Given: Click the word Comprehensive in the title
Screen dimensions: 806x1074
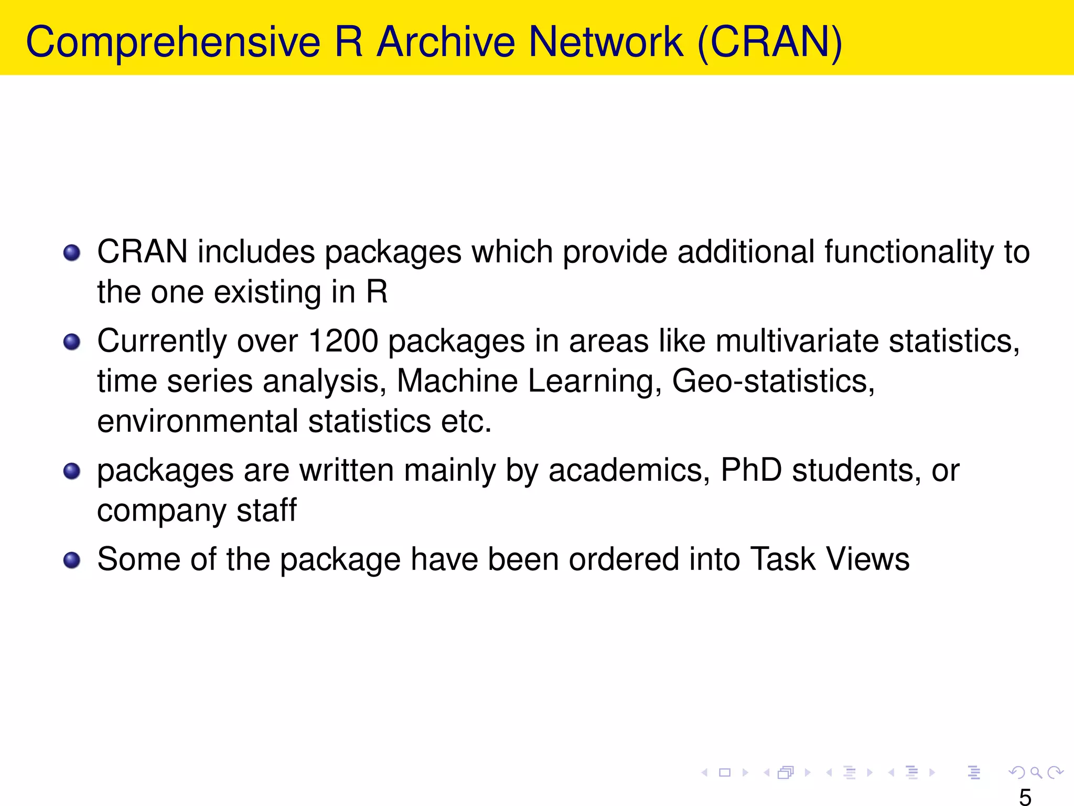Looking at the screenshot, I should click(x=173, y=43).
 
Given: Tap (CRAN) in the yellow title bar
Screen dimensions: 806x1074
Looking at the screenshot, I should click(x=770, y=43).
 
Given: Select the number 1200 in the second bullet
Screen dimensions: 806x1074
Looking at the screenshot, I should click(x=343, y=341).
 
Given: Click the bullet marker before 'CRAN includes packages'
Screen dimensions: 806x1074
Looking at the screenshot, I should click(x=72, y=253).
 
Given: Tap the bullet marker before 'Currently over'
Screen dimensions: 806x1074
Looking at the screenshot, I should click(x=72, y=342).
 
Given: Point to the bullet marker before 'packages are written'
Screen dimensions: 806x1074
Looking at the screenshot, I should click(x=72, y=471).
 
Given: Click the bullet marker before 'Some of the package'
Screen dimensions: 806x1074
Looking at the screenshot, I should click(x=72, y=560).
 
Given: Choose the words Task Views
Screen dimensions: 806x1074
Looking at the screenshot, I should click(x=830, y=559).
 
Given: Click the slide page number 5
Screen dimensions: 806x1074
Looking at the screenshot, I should click(x=1025, y=797).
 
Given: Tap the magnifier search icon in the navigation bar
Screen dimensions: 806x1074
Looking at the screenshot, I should click(x=1036, y=772).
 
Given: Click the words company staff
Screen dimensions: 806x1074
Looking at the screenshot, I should click(x=197, y=511).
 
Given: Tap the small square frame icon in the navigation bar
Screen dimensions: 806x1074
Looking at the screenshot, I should click(x=725, y=772).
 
